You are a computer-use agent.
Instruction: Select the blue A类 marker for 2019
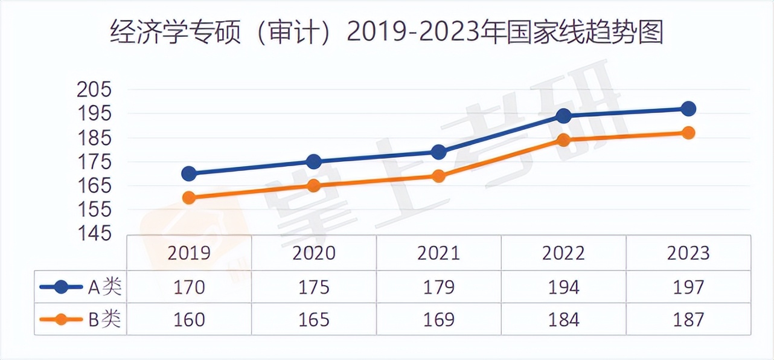[x=189, y=174]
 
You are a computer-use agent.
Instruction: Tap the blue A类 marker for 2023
[x=688, y=109]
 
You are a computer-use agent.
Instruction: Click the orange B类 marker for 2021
[x=439, y=176]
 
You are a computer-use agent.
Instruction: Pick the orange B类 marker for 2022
[x=564, y=140]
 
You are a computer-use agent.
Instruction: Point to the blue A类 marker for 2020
[x=314, y=162]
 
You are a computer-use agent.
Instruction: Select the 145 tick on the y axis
[x=95, y=233]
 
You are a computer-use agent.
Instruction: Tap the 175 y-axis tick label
[x=95, y=162]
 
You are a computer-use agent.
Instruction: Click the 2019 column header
[x=189, y=252]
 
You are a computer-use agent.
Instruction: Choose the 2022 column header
[x=563, y=252]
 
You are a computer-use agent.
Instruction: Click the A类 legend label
[x=105, y=287]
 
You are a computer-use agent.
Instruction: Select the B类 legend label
[x=105, y=319]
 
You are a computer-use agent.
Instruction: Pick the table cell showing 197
[x=688, y=287]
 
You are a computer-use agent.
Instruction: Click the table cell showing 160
[x=189, y=319]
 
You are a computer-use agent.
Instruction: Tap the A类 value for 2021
[x=439, y=287]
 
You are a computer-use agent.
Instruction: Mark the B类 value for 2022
[x=563, y=319]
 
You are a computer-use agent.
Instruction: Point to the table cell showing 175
[x=314, y=287]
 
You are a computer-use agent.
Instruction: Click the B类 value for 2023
[x=688, y=319]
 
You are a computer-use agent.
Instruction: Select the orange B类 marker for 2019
[x=189, y=198]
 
